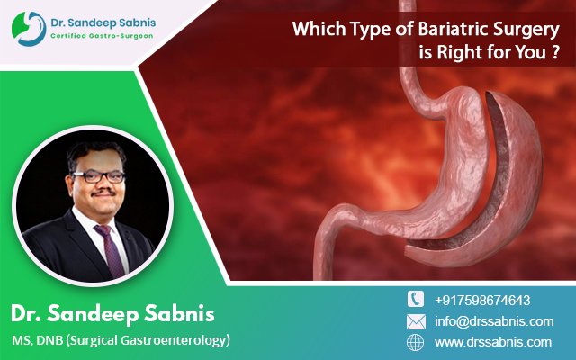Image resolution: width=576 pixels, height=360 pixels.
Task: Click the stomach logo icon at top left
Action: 29,29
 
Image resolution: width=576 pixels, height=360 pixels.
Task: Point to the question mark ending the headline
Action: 555,53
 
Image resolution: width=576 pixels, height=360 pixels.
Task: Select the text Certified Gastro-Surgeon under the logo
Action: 102,36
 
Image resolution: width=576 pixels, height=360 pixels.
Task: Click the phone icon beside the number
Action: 416,299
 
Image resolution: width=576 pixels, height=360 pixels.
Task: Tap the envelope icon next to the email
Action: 416,321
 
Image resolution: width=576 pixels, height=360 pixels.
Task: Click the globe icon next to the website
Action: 416,342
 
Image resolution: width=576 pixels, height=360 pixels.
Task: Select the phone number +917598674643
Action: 482,300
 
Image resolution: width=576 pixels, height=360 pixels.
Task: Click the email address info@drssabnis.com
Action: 494,321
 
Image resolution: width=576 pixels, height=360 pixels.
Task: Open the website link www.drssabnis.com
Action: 493,342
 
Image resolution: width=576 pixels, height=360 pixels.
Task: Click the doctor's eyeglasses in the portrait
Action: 98,176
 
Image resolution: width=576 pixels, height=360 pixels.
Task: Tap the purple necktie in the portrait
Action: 110,250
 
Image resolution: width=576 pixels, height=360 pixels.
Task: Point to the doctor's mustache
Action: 103,193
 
